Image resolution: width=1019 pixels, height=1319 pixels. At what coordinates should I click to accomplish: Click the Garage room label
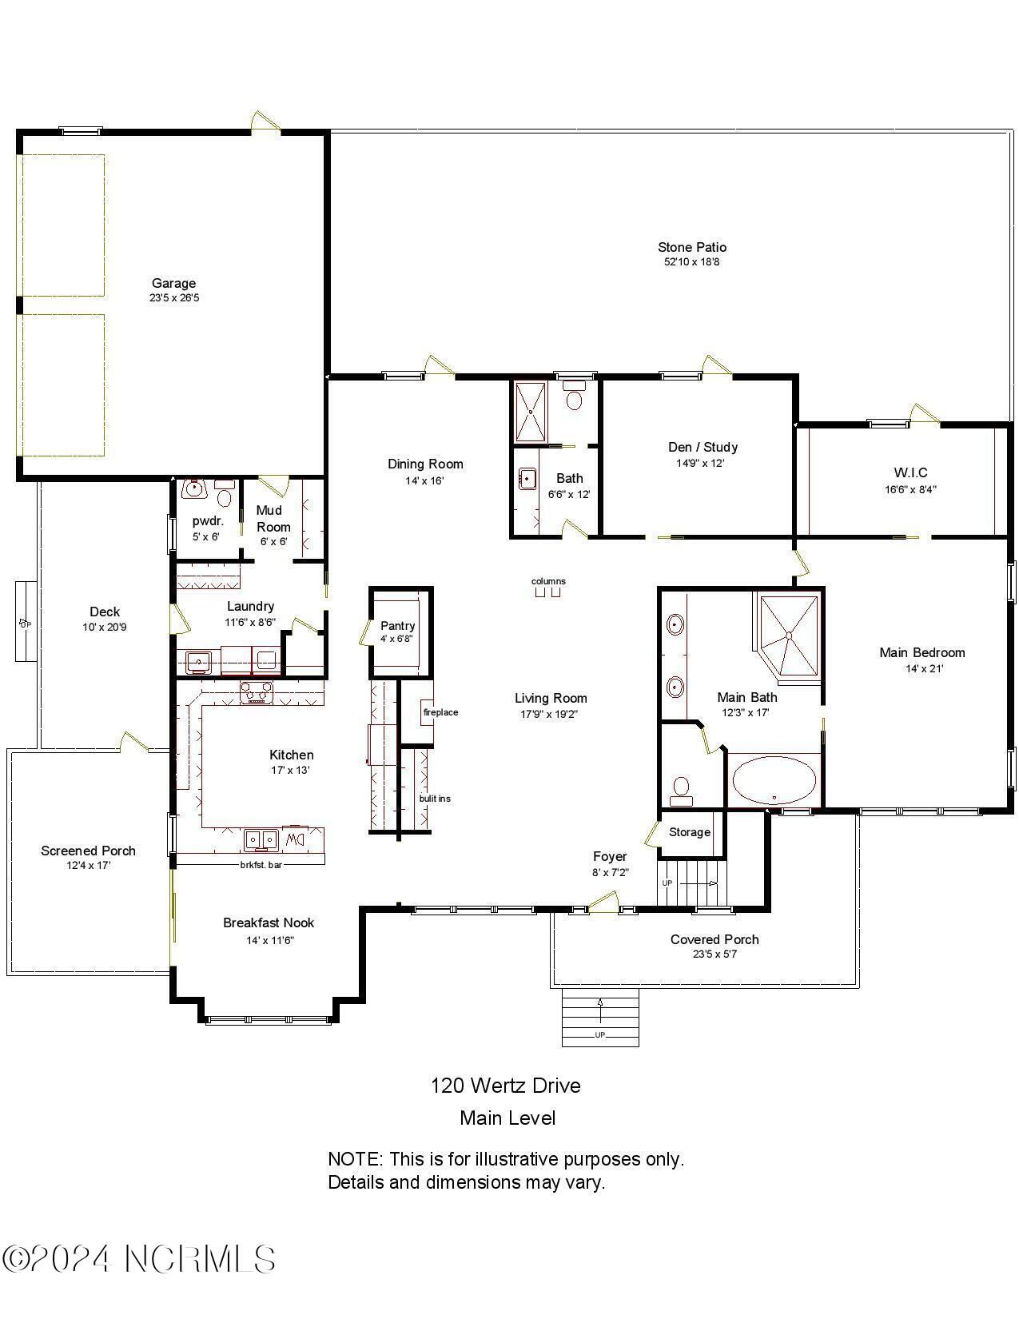point(173,283)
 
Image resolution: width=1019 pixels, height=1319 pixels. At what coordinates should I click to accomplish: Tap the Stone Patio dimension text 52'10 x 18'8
point(692,262)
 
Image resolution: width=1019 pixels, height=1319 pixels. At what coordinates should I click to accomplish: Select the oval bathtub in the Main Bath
point(774,781)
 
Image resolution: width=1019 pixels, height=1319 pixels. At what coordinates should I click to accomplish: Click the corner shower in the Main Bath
point(789,636)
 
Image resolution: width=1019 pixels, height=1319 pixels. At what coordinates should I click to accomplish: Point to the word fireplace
point(440,712)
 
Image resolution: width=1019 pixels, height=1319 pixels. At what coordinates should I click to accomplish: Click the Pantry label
point(397,626)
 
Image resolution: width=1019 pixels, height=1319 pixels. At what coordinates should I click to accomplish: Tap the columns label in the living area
point(548,581)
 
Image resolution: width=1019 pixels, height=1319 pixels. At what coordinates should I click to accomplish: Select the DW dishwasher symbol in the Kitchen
point(295,839)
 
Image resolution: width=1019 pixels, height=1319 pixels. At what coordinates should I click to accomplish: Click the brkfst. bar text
point(261,864)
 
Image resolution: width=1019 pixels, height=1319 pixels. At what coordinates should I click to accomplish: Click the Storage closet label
point(689,832)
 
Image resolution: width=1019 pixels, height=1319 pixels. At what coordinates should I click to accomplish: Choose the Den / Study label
point(703,447)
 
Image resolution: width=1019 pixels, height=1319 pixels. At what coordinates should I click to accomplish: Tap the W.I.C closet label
point(910,472)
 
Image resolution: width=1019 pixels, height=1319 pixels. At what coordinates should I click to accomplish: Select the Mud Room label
point(273,518)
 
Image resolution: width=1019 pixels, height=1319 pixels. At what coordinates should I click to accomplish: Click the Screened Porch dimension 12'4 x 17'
point(88,866)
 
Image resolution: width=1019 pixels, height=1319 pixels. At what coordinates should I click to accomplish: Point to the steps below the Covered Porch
point(600,1017)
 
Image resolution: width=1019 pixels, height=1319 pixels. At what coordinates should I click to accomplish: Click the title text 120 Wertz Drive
point(506,1086)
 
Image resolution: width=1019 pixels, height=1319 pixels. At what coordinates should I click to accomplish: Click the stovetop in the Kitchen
point(257,692)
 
